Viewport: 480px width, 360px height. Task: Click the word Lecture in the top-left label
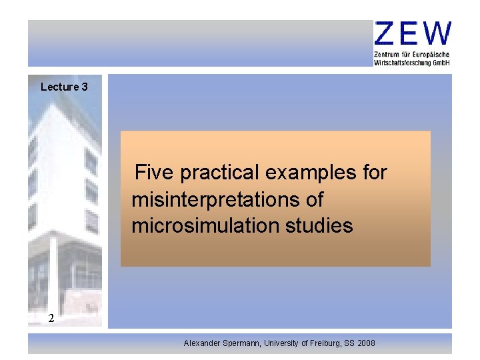tap(59, 87)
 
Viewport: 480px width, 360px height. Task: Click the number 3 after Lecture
tap(85, 87)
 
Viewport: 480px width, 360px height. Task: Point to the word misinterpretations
tap(227, 200)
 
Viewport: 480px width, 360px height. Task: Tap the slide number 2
tap(51, 318)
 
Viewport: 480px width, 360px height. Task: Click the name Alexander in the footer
tap(204, 343)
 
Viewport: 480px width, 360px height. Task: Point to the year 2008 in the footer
tap(366, 343)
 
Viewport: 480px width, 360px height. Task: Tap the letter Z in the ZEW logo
tap(386, 34)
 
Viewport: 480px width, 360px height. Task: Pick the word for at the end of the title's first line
tap(375, 173)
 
